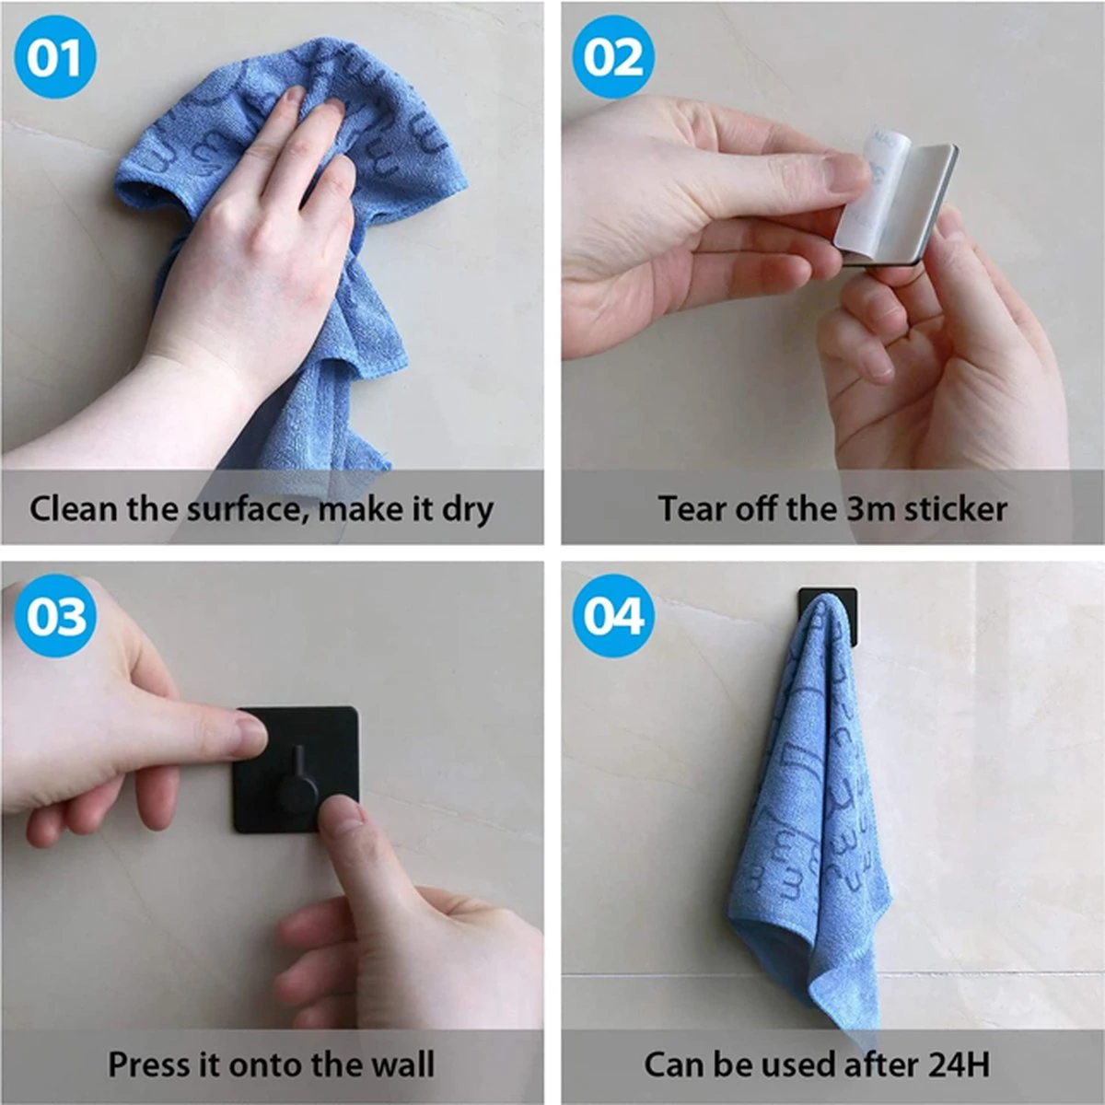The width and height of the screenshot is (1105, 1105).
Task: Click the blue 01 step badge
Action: [55, 57]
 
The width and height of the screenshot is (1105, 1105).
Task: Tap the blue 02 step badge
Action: [613, 57]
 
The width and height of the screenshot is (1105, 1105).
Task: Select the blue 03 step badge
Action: [55, 615]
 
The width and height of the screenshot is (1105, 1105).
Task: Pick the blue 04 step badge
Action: [613, 615]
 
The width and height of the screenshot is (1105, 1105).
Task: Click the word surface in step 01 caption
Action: [243, 509]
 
